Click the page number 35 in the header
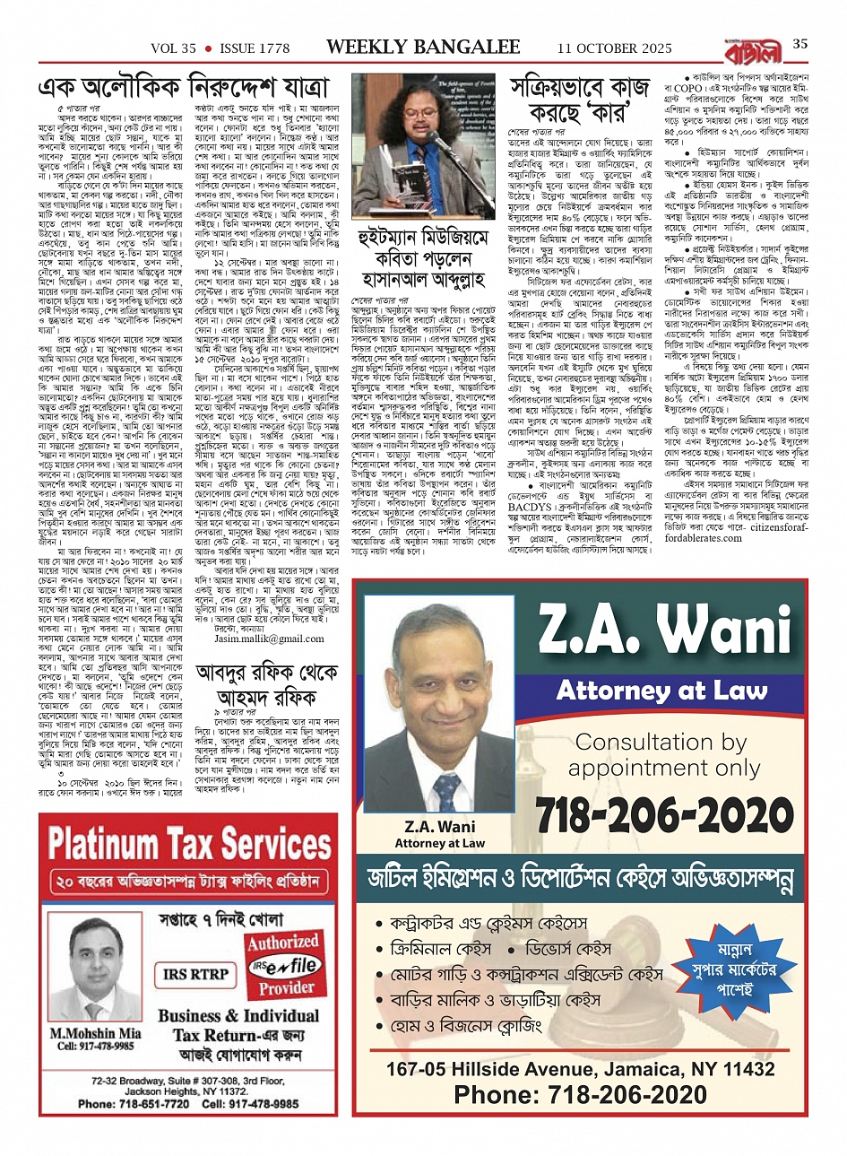click(800, 45)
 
